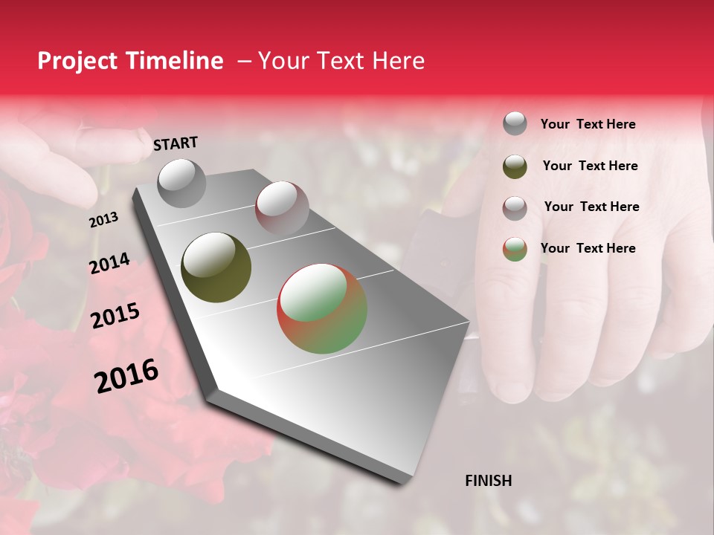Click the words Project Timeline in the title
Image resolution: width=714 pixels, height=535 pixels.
130,61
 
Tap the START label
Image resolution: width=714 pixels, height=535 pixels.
176,143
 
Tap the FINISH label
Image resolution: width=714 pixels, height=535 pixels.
488,481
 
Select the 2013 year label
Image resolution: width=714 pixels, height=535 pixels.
103,219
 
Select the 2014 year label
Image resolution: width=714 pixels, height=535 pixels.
109,263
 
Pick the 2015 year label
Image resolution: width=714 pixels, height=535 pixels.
115,316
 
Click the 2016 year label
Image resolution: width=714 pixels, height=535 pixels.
126,376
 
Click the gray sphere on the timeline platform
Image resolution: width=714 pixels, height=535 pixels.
181,183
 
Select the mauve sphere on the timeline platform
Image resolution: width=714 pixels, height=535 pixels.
282,208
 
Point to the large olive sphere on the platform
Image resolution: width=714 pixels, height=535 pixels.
216,267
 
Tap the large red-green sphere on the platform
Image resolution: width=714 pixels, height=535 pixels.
322,308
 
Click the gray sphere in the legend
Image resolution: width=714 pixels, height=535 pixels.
515,123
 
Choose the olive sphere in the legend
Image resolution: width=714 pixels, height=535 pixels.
515,166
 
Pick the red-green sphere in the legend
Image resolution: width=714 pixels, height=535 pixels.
515,249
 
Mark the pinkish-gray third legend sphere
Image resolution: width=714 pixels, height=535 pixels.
515,207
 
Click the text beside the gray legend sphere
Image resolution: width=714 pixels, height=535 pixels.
588,124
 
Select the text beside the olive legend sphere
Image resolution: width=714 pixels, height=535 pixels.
590,166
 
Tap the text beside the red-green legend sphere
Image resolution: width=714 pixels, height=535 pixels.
588,248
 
